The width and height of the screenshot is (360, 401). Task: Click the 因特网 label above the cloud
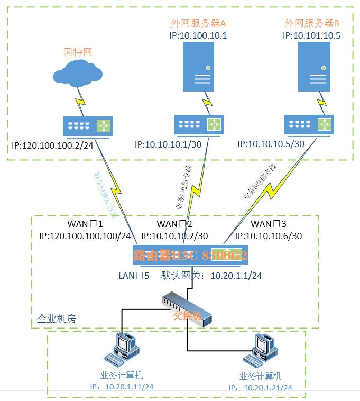tap(78, 52)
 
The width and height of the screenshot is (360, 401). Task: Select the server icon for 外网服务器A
tap(198, 66)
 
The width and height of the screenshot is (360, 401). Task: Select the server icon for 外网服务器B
tap(311, 66)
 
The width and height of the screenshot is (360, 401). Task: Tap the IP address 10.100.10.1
tap(198, 35)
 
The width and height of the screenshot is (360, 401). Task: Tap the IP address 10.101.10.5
tap(311, 35)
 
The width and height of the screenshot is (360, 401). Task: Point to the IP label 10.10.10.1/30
tap(168, 144)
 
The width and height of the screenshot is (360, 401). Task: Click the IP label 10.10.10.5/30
tap(271, 144)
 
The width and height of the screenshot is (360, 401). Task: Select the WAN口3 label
tap(269, 224)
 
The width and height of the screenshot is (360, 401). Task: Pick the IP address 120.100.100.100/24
tap(85, 236)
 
